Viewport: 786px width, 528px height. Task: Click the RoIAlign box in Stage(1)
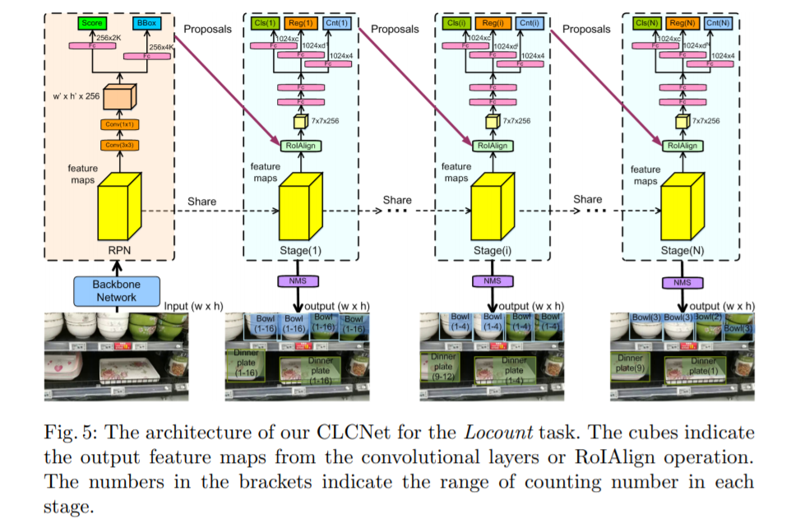coord(302,146)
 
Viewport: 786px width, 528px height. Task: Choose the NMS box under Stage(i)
coord(492,282)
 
